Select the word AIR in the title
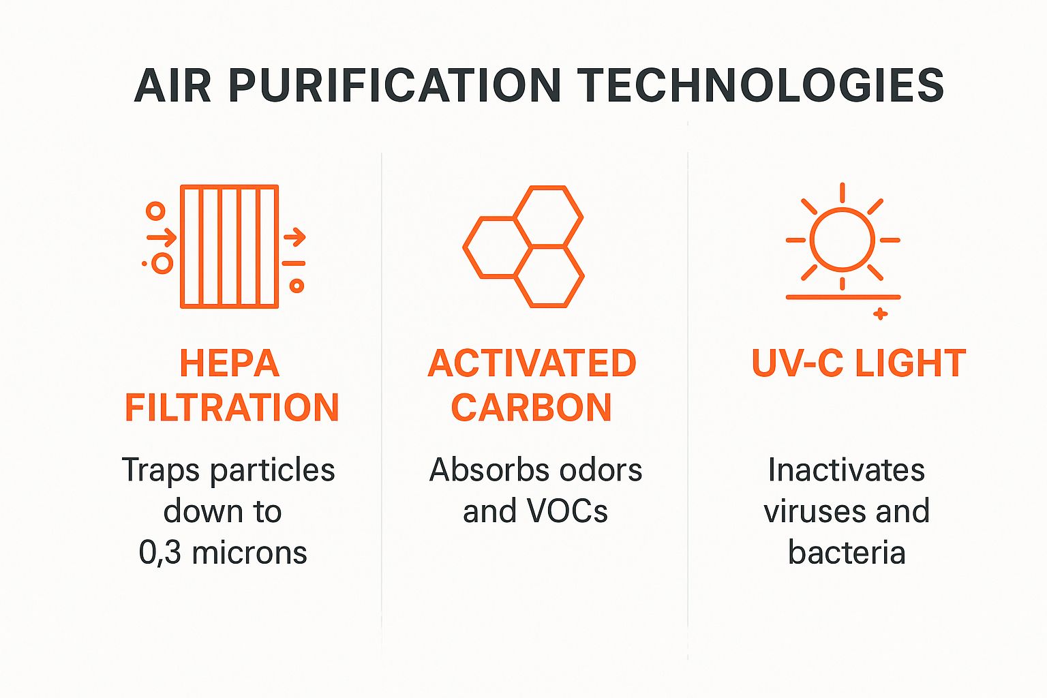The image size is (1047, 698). [x=173, y=87]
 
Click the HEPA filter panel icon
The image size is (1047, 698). [x=229, y=247]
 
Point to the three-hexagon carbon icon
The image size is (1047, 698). [x=523, y=246]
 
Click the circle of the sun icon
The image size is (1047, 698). [x=843, y=240]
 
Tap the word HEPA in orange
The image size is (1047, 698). [x=230, y=363]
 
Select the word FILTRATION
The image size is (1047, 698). [x=232, y=408]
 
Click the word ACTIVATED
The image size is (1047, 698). [x=532, y=363]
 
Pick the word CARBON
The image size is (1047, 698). [x=532, y=408]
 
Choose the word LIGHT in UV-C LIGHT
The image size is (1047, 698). [x=910, y=363]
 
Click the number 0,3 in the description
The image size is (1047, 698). [x=160, y=553]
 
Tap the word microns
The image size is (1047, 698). [x=249, y=553]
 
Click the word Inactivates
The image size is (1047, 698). [x=846, y=470]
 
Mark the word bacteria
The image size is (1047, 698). [x=847, y=553]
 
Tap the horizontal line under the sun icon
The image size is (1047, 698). [x=843, y=297]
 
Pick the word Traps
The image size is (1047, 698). [x=160, y=470]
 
